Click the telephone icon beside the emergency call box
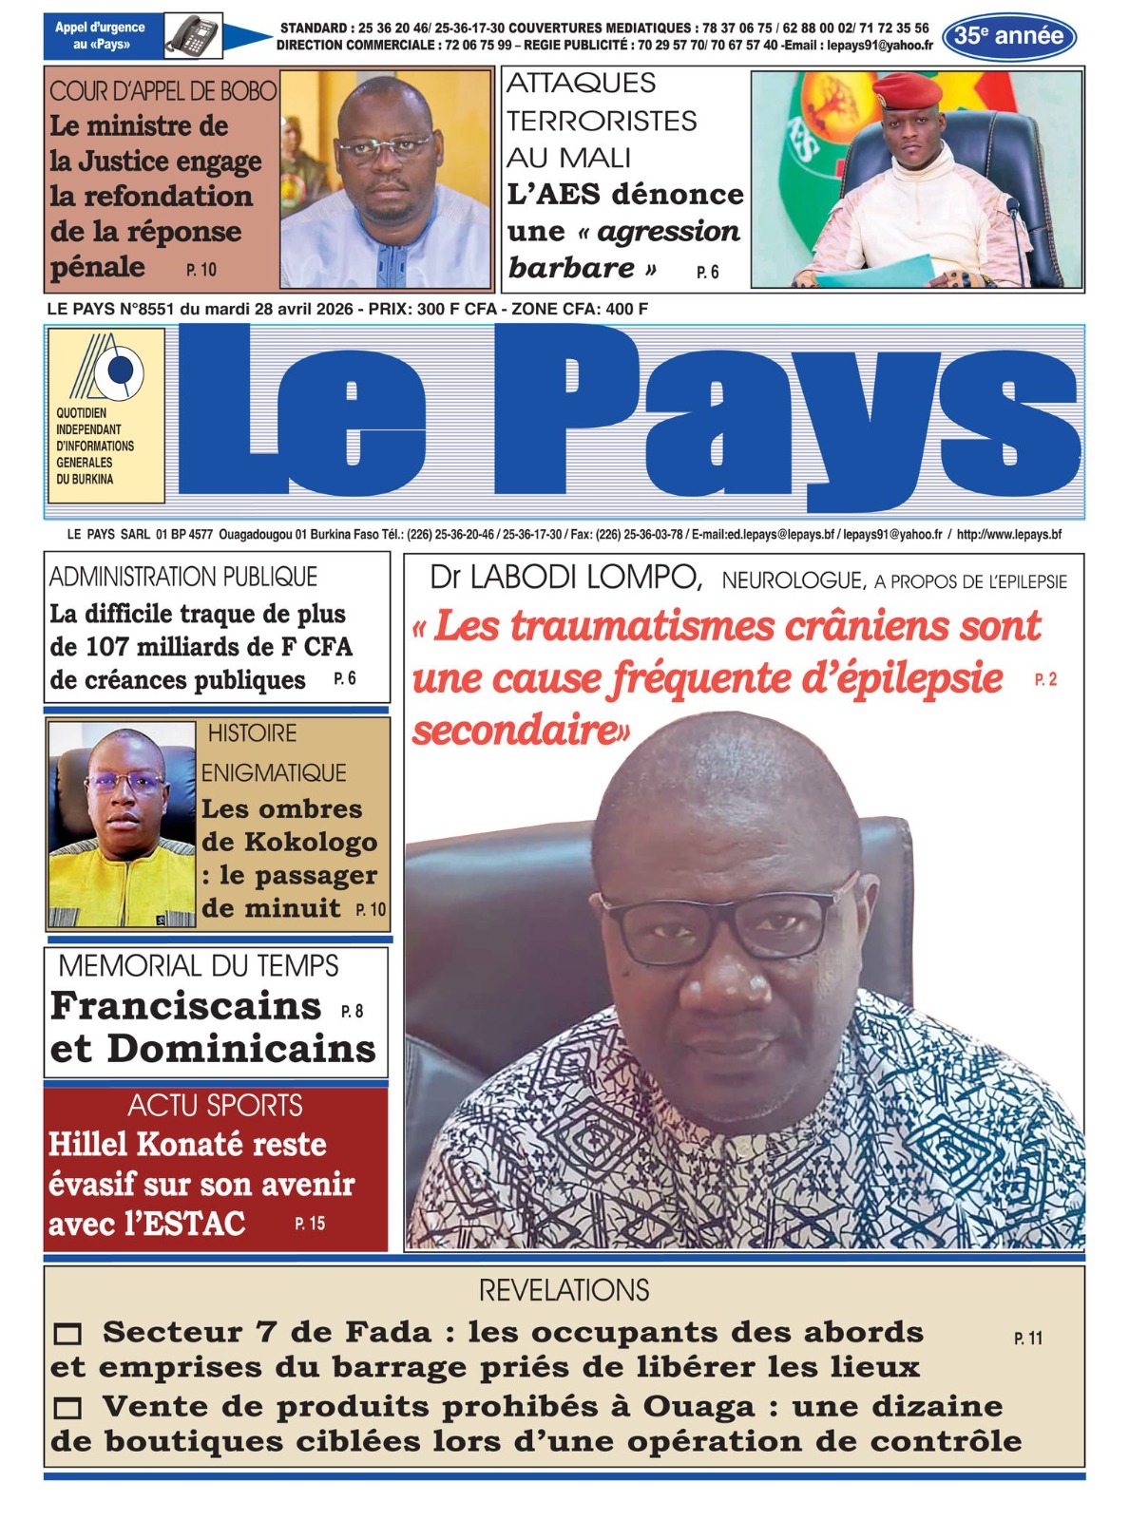pos(194,36)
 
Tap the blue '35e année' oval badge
pos(1008,37)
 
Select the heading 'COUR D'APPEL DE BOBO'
pos(163,91)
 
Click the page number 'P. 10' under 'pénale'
pos(201,270)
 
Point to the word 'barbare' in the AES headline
pos(570,268)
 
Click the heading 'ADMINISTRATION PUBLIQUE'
pos(183,577)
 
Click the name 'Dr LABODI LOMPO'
pos(565,577)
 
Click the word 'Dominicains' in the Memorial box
pos(241,1049)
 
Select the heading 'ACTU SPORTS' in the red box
pos(216,1106)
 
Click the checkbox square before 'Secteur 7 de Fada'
pos(67,1335)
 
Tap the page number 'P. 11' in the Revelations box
pos(1028,1339)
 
